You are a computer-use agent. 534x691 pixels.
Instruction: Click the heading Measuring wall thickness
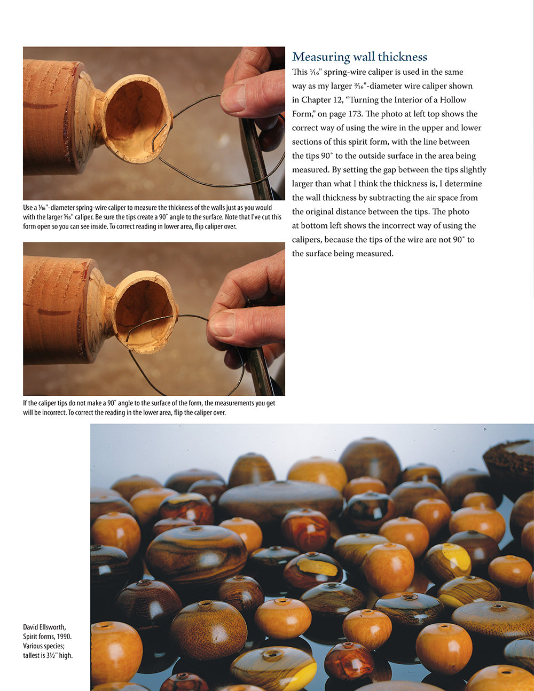359,57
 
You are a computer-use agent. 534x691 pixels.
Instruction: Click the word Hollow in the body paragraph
453,100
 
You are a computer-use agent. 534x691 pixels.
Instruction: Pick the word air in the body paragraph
427,198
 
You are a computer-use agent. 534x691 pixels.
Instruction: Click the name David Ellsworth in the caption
44,627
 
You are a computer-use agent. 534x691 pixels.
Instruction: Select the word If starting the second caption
25,403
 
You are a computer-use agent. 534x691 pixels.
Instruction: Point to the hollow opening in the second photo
145,315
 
